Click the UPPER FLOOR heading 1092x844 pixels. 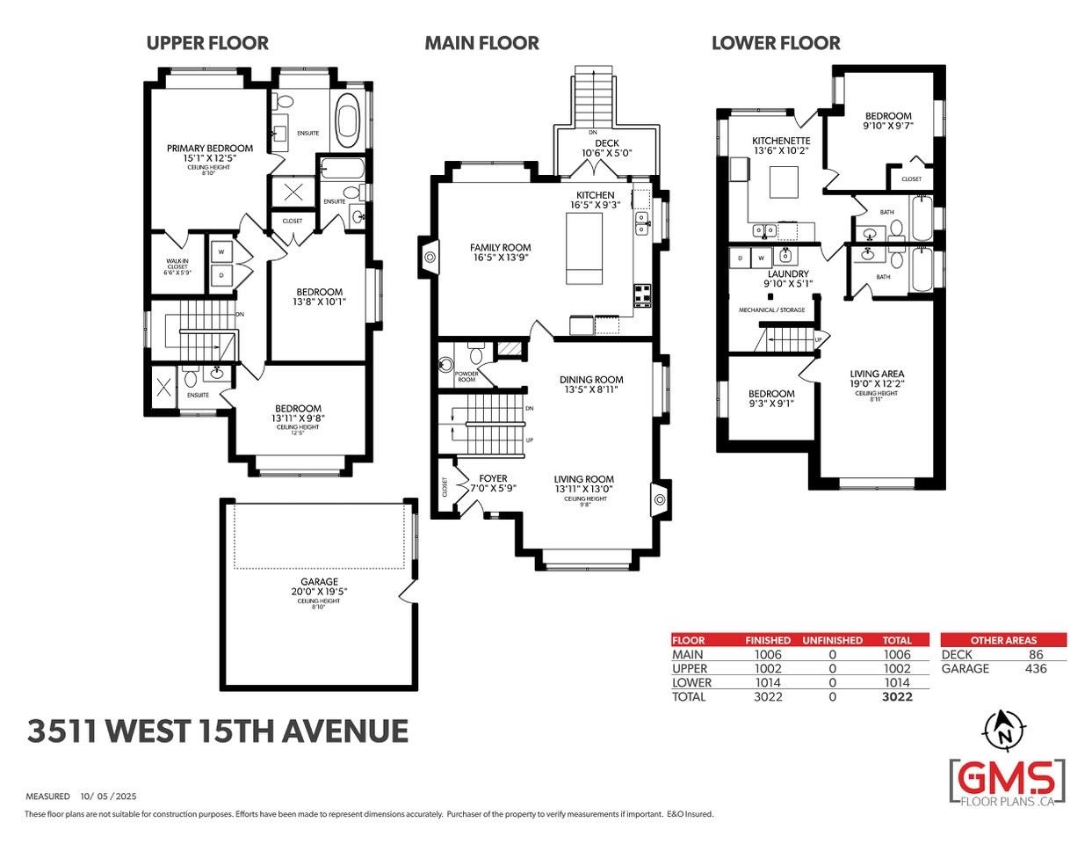coord(206,43)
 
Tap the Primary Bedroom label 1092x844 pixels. coord(210,149)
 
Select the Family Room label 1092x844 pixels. coord(500,248)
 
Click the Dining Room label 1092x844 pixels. coord(591,380)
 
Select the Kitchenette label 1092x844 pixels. coord(781,141)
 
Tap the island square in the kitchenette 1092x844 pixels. coord(785,183)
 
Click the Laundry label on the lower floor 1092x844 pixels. coord(787,274)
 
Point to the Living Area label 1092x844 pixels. coord(877,374)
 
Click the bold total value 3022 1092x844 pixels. coord(897,696)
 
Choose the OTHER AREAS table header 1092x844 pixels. coord(1003,640)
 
